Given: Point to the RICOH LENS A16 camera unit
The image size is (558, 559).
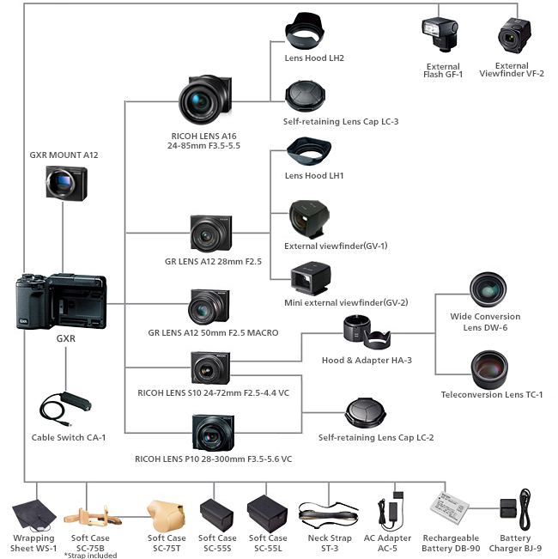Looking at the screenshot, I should coord(205,101).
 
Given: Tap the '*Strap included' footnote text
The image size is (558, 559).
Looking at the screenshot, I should coord(90,555).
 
